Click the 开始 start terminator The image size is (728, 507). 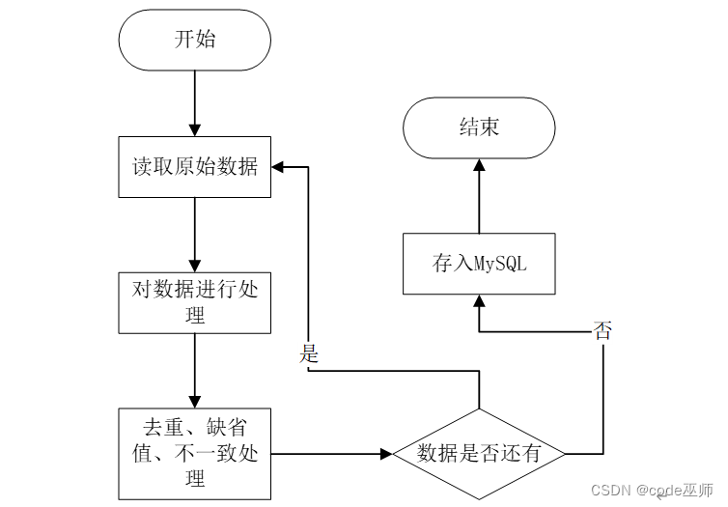194,40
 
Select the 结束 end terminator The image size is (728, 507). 479,127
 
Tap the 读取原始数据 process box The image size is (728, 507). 194,167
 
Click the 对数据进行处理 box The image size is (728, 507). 194,302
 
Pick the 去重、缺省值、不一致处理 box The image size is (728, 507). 194,454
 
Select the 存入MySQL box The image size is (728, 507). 479,264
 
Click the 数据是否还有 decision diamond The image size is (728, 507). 479,454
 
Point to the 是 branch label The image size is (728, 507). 309,353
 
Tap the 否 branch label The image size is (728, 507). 602,331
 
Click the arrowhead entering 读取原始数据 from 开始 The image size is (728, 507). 194,130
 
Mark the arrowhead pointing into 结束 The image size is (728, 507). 479,165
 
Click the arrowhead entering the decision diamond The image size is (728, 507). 387,454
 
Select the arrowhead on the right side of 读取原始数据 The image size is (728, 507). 277,167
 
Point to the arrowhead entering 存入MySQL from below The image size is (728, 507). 479,300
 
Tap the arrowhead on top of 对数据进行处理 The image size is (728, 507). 194,267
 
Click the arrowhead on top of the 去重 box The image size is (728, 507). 194,402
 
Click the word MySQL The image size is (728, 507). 500,265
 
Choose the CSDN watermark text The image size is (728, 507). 610,491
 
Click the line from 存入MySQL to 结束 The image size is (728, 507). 479,196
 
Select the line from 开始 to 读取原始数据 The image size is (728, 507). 194,103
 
